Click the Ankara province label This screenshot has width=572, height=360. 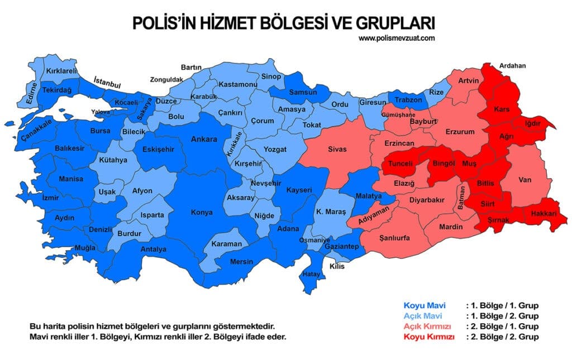(204, 139)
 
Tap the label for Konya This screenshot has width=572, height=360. (202, 212)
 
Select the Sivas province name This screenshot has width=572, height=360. (337, 149)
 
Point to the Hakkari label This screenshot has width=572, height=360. (542, 214)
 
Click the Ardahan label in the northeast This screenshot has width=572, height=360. (513, 65)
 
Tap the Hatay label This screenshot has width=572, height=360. (311, 274)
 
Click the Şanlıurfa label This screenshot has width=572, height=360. (394, 238)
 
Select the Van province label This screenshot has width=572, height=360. (525, 180)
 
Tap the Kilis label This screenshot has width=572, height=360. (337, 266)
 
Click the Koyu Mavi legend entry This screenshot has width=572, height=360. (421, 306)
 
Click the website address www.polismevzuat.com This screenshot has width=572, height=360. (397, 38)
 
